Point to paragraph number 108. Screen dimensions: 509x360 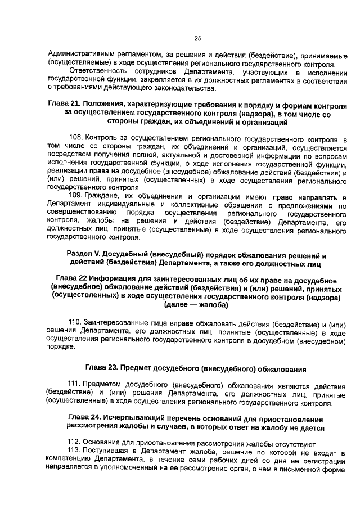click(76, 138)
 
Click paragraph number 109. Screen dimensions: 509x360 click(76, 195)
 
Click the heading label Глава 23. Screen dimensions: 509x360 click(105, 369)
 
